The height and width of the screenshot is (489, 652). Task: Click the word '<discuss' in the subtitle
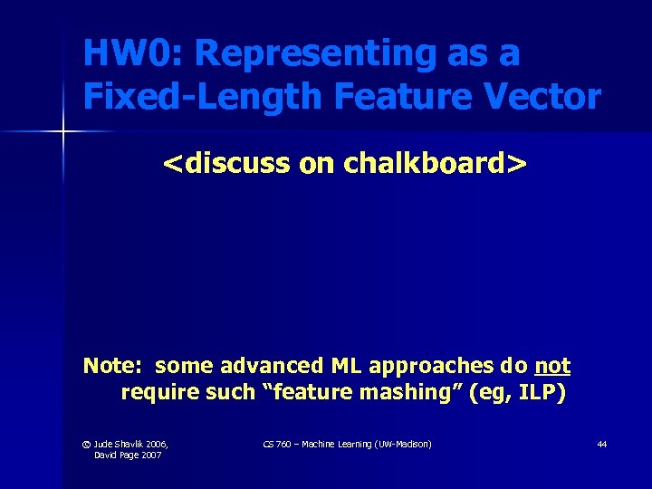223,164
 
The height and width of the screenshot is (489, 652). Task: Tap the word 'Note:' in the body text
112,366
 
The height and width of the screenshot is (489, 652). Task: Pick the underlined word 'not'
552,366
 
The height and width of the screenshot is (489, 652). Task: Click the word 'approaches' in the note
428,366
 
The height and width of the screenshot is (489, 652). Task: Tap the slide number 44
601,444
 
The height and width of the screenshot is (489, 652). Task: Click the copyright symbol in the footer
88,444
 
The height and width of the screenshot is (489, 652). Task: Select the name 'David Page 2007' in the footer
128,455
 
